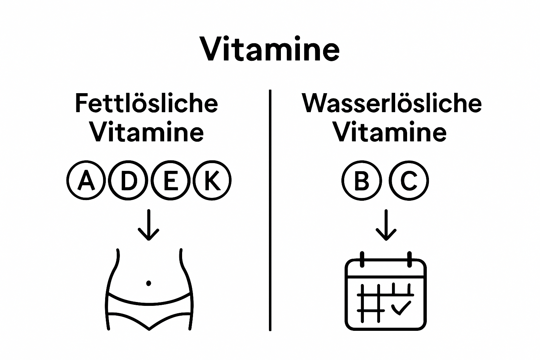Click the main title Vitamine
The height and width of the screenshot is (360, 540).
270,49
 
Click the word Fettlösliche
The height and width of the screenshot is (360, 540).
147,103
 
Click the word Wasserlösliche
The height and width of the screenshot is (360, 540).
392,103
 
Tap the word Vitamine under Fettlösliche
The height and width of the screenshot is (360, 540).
147,132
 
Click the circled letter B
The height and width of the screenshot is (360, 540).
361,181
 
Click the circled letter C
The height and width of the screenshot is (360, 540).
409,181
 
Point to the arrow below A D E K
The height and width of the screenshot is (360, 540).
149,225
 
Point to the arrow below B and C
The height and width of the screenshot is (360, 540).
386,225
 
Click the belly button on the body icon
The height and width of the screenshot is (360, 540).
148,283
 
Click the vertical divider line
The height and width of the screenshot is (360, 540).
270,211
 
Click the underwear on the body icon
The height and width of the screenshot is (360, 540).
149,311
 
